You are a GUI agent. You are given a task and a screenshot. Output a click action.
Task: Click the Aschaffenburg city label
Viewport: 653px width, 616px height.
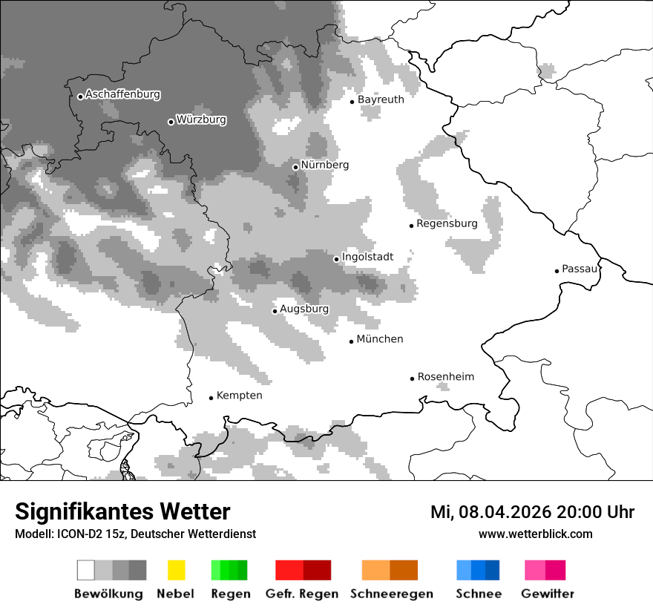pyautogui.click(x=122, y=95)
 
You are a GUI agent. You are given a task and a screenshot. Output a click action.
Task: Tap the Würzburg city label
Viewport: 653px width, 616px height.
pyautogui.click(x=201, y=120)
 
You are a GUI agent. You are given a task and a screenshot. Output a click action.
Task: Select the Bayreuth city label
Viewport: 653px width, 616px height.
pyautogui.click(x=381, y=99)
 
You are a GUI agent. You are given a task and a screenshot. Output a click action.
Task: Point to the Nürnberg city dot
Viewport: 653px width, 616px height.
pyautogui.click(x=295, y=167)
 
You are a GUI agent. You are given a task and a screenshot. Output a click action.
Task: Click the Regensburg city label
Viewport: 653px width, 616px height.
pyautogui.click(x=447, y=223)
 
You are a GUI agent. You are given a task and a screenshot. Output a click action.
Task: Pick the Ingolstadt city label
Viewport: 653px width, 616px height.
pyautogui.click(x=367, y=258)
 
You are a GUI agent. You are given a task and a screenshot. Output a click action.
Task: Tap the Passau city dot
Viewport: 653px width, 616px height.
pyautogui.click(x=557, y=271)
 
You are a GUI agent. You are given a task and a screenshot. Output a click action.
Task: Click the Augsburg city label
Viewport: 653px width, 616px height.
pyautogui.click(x=304, y=309)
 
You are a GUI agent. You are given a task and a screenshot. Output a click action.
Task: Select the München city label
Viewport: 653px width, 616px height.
pyautogui.click(x=380, y=339)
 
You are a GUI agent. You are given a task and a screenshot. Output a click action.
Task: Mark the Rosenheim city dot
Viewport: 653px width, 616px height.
pyautogui.click(x=412, y=379)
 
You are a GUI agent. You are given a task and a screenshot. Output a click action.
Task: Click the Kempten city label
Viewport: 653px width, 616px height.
pyautogui.click(x=239, y=396)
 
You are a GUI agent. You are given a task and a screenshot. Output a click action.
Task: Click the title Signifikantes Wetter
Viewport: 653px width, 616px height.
pyautogui.click(x=122, y=512)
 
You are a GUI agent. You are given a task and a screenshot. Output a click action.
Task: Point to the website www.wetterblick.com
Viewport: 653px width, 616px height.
pyautogui.click(x=536, y=534)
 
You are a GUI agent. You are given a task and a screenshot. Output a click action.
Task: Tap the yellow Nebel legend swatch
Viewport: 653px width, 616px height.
pyautogui.click(x=176, y=570)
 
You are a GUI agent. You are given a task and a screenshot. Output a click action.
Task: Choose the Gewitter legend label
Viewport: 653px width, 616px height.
pyautogui.click(x=548, y=594)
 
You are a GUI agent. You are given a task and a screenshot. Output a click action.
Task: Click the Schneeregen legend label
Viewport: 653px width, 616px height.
pyautogui.click(x=392, y=594)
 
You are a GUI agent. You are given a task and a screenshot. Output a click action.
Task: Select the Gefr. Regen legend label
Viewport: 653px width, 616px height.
pyautogui.click(x=302, y=594)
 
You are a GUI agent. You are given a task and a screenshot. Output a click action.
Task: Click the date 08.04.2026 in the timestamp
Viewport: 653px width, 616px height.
pyautogui.click(x=504, y=512)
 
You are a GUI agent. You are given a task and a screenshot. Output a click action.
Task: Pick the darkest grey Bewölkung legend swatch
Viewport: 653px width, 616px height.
pyautogui.click(x=138, y=570)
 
